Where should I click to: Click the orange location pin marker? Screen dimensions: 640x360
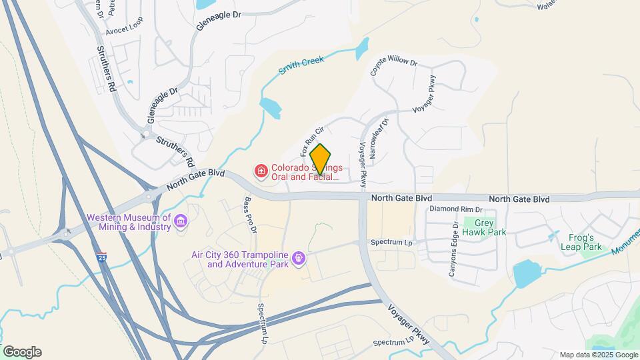point(321,159)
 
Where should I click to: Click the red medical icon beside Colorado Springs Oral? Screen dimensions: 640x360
point(261,172)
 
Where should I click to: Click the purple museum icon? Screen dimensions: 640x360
point(180,221)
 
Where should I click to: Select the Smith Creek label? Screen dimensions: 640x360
point(301,65)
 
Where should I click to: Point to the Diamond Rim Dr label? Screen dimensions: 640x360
point(455,209)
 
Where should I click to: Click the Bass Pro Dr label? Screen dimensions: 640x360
point(250,215)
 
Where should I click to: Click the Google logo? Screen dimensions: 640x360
point(22,352)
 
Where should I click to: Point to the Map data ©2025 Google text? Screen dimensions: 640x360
point(598,355)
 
